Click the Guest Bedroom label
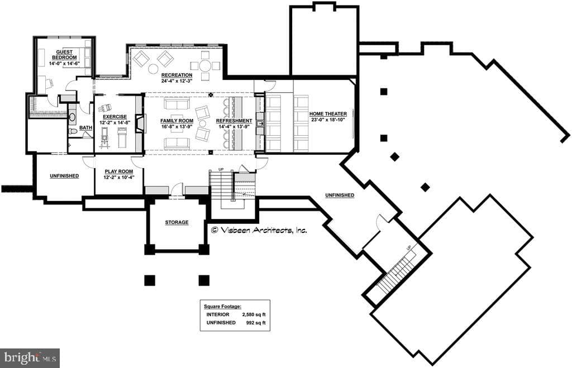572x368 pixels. pyautogui.click(x=64, y=55)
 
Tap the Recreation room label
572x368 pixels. pyautogui.click(x=177, y=75)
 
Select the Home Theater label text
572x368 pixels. pyautogui.click(x=328, y=114)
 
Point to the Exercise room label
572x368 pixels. pyautogui.click(x=115, y=117)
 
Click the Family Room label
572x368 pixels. pyautogui.click(x=177, y=121)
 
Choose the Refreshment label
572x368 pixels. pyautogui.click(x=234, y=121)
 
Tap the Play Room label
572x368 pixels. pyautogui.click(x=119, y=171)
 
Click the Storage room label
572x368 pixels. pyautogui.click(x=177, y=222)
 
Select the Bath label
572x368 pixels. pyautogui.click(x=85, y=128)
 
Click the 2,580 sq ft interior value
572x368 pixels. pyautogui.click(x=254, y=314)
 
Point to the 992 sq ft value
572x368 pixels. pyautogui.click(x=256, y=323)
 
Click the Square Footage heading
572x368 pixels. pyautogui.click(x=222, y=307)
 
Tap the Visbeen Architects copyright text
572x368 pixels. pyautogui.click(x=259, y=230)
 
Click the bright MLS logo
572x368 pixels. pyautogui.click(x=30, y=358)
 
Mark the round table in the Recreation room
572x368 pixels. pyautogui.click(x=206, y=66)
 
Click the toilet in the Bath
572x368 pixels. pyautogui.click(x=73, y=131)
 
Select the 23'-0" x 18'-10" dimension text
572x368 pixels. pyautogui.click(x=328, y=120)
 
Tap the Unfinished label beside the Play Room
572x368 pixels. pyautogui.click(x=64, y=176)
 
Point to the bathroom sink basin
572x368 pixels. pyautogui.click(x=72, y=117)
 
